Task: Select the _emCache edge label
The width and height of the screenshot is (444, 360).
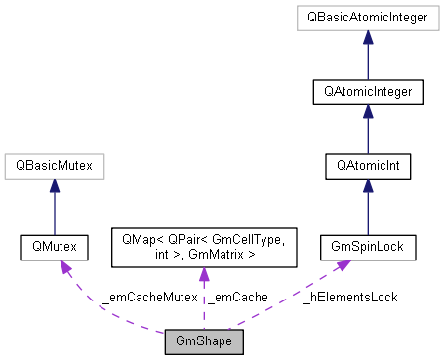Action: pos(236,296)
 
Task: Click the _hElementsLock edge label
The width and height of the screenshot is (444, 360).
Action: pos(350,296)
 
